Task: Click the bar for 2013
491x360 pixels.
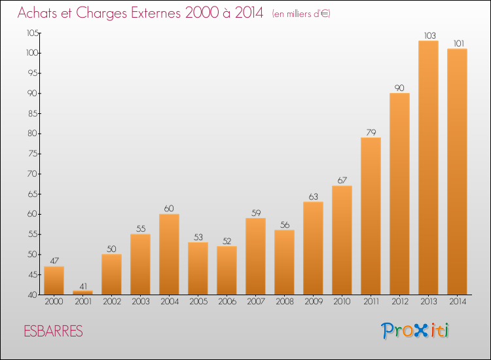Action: click(428, 168)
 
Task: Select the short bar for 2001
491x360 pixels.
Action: click(82, 293)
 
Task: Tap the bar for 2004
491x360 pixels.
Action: click(169, 254)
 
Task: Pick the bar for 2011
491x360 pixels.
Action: click(371, 216)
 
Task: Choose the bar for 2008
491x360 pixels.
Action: click(284, 262)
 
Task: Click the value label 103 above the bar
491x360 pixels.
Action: click(429, 36)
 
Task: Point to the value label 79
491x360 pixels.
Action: click(371, 132)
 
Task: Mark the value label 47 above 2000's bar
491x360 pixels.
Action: click(54, 261)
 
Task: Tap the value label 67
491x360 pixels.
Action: click(342, 180)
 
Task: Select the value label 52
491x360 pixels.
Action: click(227, 241)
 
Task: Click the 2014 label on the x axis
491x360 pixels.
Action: click(458, 302)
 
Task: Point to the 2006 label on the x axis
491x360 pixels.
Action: click(227, 302)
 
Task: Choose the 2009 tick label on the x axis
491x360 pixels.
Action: click(314, 302)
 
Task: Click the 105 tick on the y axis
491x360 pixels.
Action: click(33, 33)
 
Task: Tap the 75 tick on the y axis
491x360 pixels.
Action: click(33, 154)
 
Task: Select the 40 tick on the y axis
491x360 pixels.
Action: click(33, 295)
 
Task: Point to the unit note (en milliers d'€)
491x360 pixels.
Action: click(301, 14)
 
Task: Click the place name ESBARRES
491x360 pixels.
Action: click(53, 331)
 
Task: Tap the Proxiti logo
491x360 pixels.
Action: click(415, 331)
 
